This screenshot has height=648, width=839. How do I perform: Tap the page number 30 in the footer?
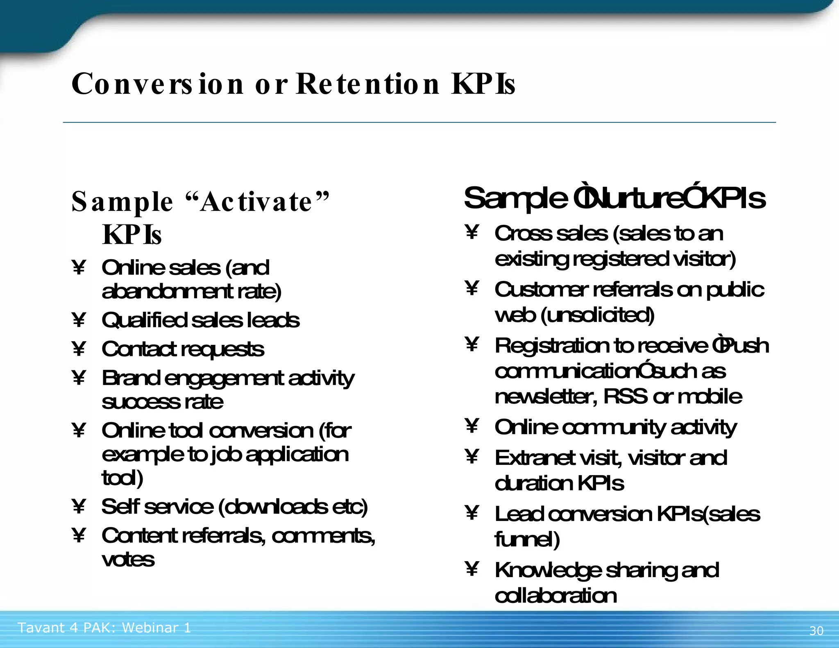[x=816, y=630]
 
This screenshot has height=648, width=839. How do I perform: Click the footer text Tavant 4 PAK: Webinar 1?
[x=104, y=628]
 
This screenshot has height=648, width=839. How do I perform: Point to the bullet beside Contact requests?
[x=78, y=349]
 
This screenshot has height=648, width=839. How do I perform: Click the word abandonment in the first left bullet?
[x=168, y=292]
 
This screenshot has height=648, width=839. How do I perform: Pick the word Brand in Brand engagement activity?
[x=131, y=378]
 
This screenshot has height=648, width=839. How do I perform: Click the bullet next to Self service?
[x=78, y=506]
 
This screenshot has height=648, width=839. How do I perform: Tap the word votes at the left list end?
[x=128, y=559]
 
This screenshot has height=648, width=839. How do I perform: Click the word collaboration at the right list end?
[x=556, y=596]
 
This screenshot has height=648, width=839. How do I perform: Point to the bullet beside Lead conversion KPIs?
[x=472, y=512]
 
